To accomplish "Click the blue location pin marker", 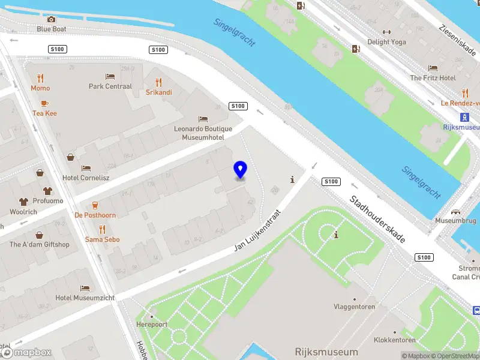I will [x=240, y=170].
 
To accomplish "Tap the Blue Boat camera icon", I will [x=51, y=19].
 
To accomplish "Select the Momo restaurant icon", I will [x=40, y=78].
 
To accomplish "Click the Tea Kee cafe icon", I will [x=44, y=103].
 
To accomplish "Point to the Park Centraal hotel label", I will [x=110, y=86].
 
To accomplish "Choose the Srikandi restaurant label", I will [x=159, y=92].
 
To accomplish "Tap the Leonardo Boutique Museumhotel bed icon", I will [x=203, y=119].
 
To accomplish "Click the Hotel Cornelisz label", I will [x=86, y=178].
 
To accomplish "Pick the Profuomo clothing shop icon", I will [x=23, y=202].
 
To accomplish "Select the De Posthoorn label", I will [x=95, y=215].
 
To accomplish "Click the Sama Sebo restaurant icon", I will [x=102, y=229].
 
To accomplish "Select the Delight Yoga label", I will [x=386, y=42].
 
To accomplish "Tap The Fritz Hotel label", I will [x=433, y=78].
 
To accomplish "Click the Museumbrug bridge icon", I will [x=455, y=212].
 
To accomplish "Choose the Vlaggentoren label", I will [x=354, y=307].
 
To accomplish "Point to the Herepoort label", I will [x=152, y=324].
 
